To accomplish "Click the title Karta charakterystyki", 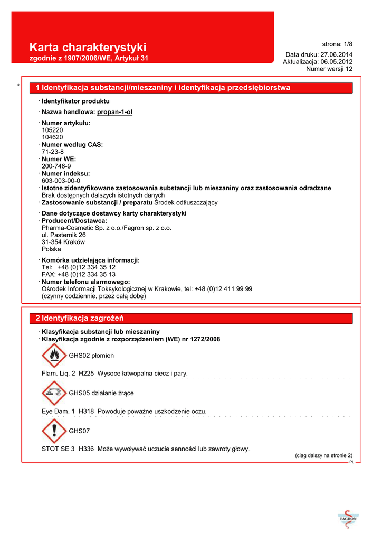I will coord(88,48).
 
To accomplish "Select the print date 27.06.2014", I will coord(337,55).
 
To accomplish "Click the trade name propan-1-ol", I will coord(114,112).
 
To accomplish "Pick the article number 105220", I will coord(52,129).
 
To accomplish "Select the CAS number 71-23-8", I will coord(53,152).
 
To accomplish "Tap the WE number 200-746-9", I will coord(56,166).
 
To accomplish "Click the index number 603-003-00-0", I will coord(61,180).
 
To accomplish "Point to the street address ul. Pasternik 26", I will coord(63,235).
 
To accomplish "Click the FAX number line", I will coord(79,275).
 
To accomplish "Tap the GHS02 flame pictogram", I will coord(54,356).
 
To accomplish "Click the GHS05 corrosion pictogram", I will coord(54,393).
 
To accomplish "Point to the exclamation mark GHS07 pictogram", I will coord(54,431).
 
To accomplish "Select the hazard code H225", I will coord(86,374).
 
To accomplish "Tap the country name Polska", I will coord(51,249).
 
